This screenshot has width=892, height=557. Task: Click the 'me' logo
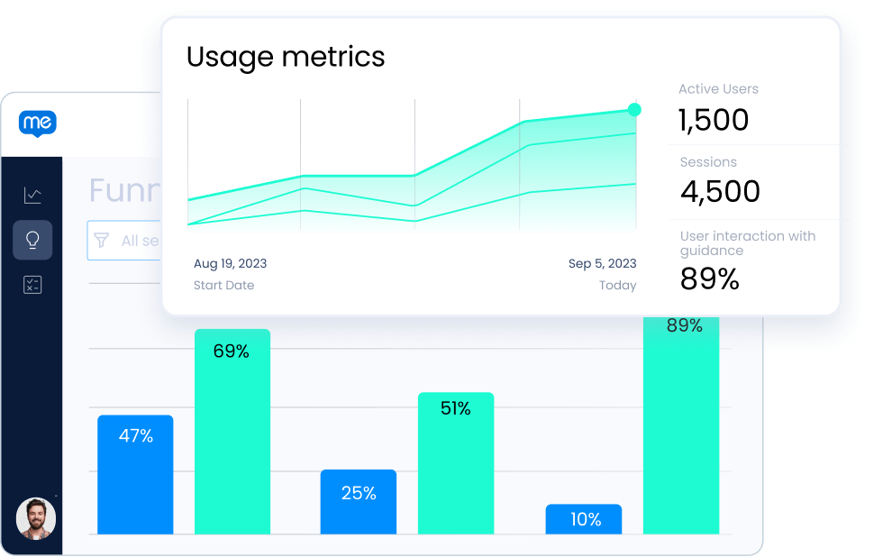[37, 123]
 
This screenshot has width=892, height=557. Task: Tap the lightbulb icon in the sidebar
[32, 240]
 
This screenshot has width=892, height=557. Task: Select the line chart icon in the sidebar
[32, 195]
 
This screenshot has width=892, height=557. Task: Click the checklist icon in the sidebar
[32, 286]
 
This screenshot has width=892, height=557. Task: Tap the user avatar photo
[36, 519]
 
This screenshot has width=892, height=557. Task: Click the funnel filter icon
[102, 241]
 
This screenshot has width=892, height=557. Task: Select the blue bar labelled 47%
[135, 473]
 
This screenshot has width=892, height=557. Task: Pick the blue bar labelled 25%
[358, 501]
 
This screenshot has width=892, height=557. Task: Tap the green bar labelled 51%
[455, 461]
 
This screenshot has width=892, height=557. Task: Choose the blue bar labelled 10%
[584, 518]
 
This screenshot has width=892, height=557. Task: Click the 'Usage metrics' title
[286, 57]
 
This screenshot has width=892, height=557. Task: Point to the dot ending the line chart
[634, 110]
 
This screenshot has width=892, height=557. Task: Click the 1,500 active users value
[714, 120]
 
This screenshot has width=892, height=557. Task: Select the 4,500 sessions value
[720, 192]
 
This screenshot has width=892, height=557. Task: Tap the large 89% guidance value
[709, 279]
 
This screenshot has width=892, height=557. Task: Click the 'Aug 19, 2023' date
[230, 264]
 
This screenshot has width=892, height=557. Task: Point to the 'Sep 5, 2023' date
[602, 264]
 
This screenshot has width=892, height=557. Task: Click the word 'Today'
[617, 286]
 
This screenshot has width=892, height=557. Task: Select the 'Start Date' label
[223, 286]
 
